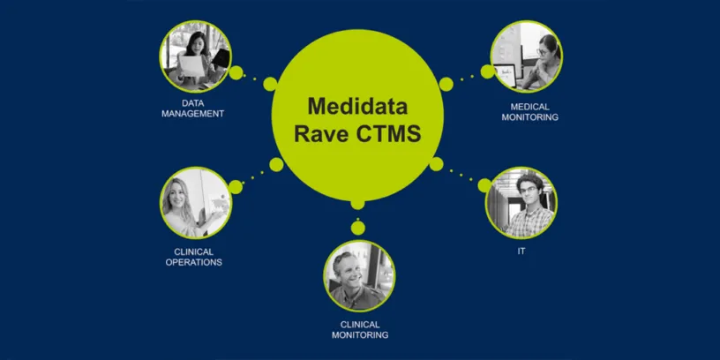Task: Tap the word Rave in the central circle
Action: click(x=323, y=134)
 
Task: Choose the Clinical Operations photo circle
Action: click(x=195, y=204)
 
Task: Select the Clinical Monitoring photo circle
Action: click(x=359, y=276)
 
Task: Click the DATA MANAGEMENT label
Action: click(x=192, y=108)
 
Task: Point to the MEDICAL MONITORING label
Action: click(x=528, y=111)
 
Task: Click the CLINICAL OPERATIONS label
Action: click(x=193, y=257)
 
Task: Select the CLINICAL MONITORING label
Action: click(x=360, y=330)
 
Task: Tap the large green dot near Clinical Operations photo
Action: click(x=236, y=186)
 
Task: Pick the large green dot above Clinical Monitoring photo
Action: click(x=357, y=228)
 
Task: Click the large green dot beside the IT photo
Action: click(x=484, y=184)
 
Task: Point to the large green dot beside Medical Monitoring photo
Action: click(x=485, y=71)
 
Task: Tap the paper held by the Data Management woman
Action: click(x=195, y=64)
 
